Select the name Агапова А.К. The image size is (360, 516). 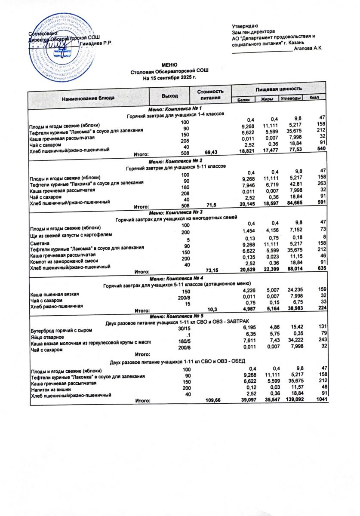pyautogui.click(x=308, y=50)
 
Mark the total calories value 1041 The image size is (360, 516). pyautogui.click(x=321, y=399)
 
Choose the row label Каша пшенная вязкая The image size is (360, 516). pyautogui.click(x=54, y=294)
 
